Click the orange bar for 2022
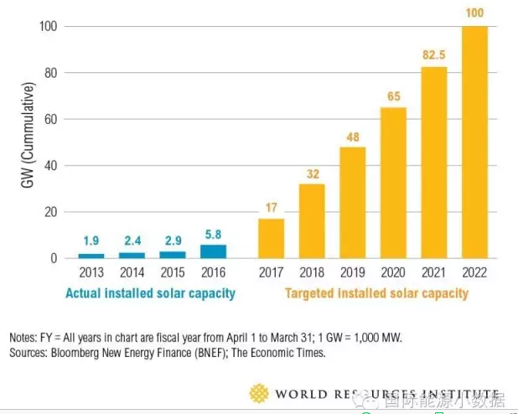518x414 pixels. [x=474, y=142]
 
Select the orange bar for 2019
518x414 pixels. [x=352, y=203]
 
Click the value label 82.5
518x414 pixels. [x=433, y=54]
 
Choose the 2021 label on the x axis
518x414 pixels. [x=433, y=273]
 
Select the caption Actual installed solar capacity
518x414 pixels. [x=151, y=293]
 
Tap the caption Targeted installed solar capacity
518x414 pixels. [x=376, y=293]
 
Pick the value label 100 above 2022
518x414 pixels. [x=474, y=13]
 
